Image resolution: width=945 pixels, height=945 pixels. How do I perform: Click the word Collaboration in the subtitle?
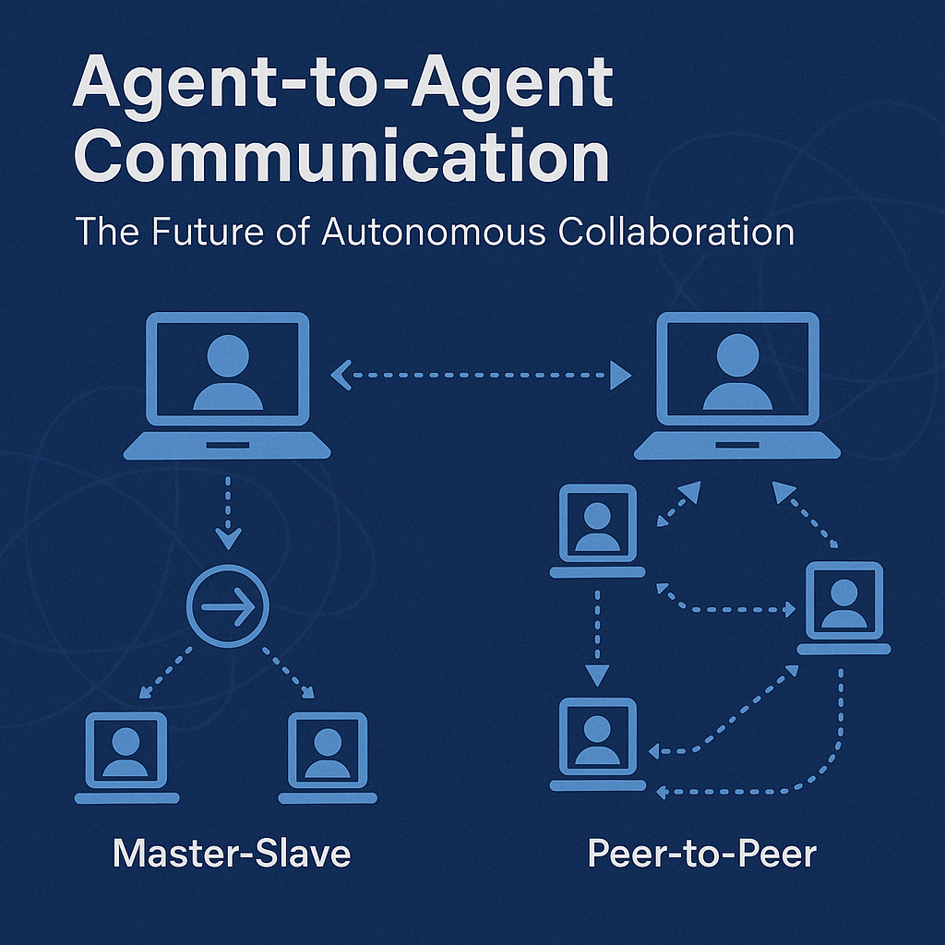676,231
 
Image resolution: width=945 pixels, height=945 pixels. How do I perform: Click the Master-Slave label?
232,853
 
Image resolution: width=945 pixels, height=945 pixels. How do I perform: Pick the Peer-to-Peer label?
702,853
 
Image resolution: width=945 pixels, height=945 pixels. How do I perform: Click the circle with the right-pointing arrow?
227,605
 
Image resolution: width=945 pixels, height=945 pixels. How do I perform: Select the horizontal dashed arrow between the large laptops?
480,375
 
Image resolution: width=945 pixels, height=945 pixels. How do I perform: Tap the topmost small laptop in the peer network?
598,530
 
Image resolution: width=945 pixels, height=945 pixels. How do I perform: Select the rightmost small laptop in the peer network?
843,605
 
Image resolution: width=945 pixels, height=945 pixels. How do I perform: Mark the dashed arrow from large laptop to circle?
227,510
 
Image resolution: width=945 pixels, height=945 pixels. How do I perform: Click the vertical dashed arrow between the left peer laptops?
597,636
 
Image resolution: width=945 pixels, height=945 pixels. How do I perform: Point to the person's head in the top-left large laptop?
228,355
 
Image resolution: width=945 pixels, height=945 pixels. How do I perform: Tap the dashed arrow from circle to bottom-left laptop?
165,671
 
